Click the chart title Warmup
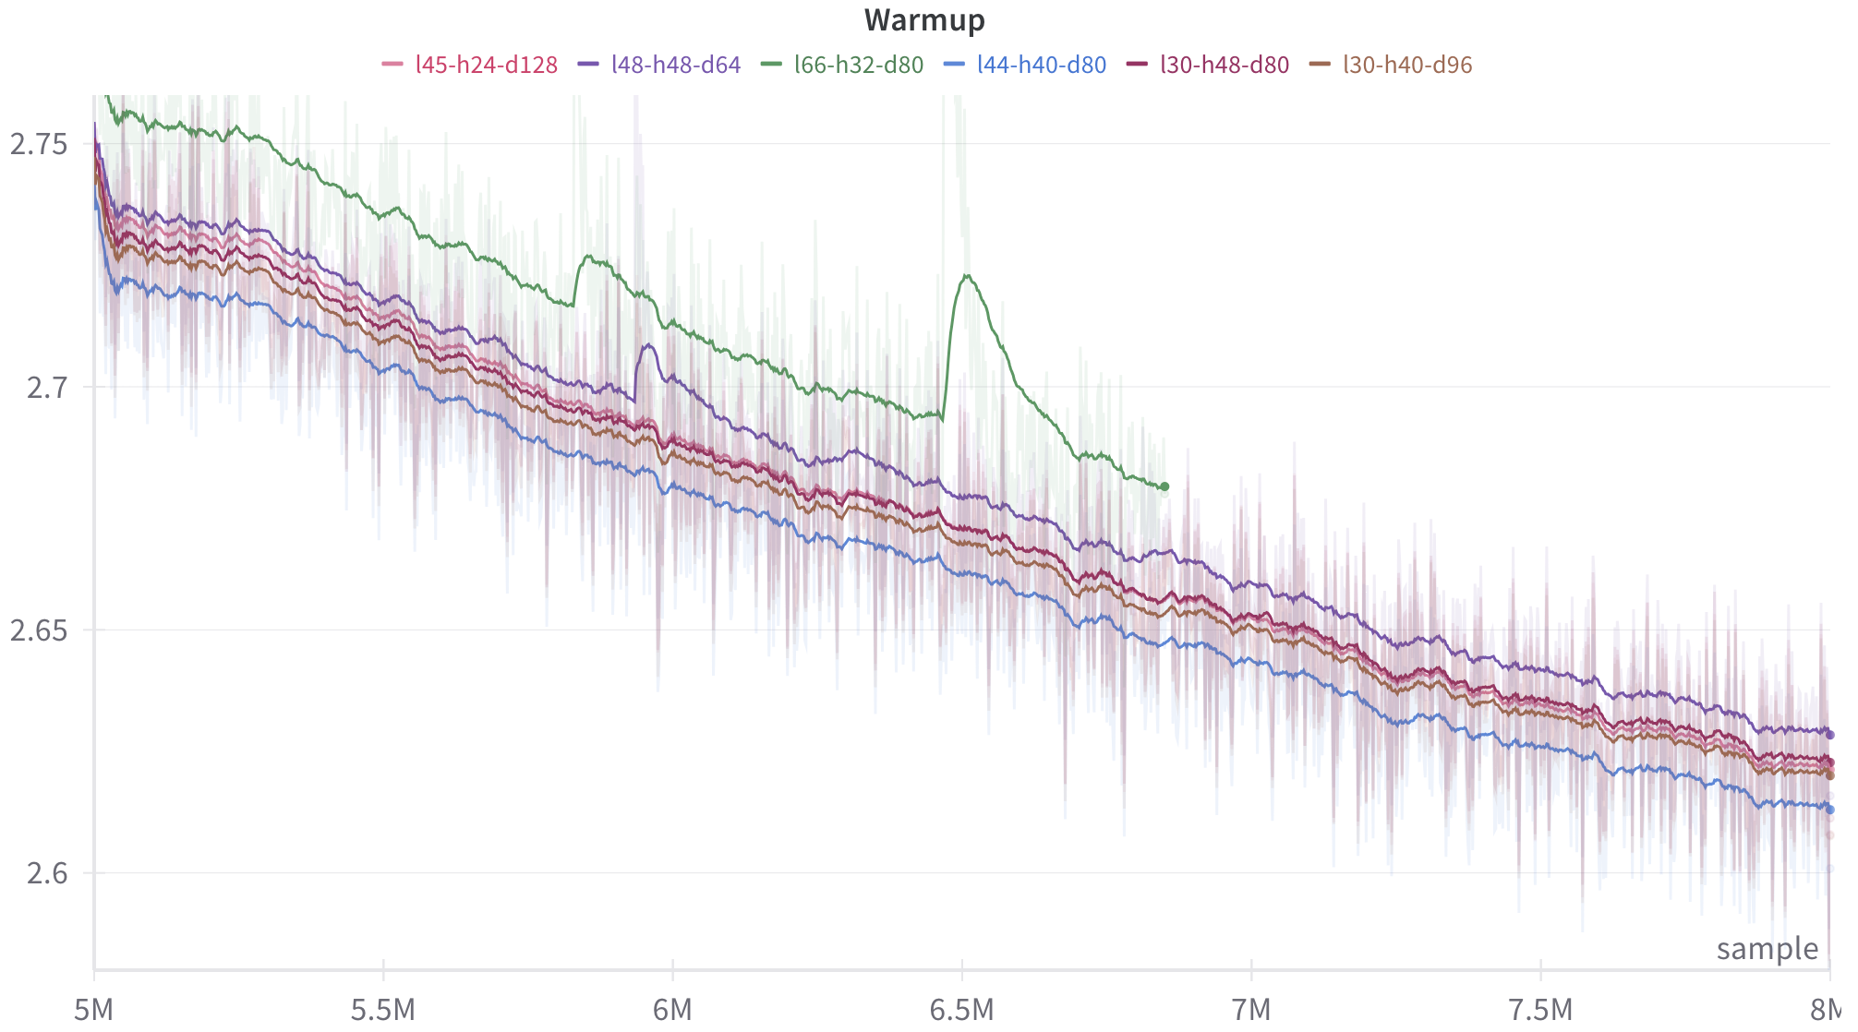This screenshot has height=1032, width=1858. click(924, 19)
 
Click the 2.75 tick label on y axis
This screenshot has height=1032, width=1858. click(40, 144)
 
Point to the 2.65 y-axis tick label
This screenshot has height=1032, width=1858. click(40, 630)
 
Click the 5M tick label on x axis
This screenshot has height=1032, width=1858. click(93, 1010)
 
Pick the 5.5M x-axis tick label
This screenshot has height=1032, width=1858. click(383, 1010)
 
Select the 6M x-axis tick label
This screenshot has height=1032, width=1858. click(672, 1010)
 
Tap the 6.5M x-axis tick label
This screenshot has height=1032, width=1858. click(962, 1010)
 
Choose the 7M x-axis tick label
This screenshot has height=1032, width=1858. click(1251, 1010)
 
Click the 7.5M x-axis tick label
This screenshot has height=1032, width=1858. click(1541, 1010)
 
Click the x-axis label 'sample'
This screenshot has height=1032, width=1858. click(1767, 949)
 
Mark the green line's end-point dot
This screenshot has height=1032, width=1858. click(1164, 486)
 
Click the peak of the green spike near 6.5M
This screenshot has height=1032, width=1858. click(966, 275)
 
